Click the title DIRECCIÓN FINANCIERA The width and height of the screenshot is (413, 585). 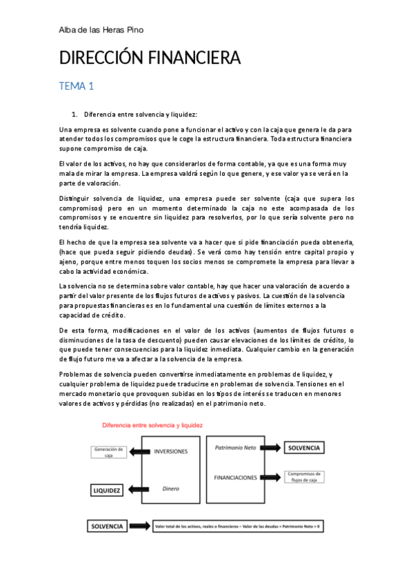[x=150, y=59]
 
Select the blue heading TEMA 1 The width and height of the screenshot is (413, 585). [x=76, y=86]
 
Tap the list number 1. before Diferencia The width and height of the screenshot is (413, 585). [x=75, y=114]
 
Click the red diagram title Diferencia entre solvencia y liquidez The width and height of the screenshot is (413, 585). [x=152, y=426]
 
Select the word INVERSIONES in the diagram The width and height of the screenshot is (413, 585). [x=171, y=453]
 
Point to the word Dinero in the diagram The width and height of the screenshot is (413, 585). [x=170, y=488]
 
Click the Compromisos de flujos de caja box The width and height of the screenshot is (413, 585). [x=304, y=477]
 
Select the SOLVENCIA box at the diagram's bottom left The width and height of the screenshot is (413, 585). [x=107, y=526]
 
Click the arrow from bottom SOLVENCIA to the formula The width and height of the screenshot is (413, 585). [x=141, y=526]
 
